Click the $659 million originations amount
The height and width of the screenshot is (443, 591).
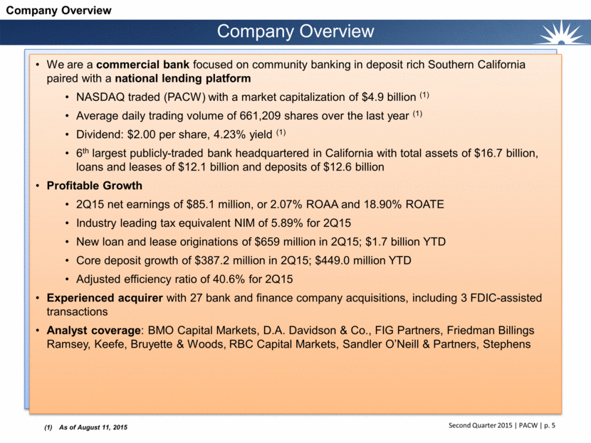[x=276, y=241]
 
